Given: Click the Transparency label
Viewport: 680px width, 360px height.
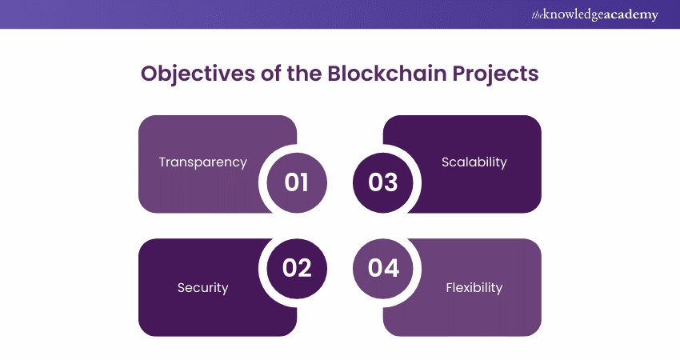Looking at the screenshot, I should [x=202, y=162].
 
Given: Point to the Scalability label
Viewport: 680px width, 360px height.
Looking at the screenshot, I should [x=474, y=162].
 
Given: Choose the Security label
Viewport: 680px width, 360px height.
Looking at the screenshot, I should [x=202, y=287].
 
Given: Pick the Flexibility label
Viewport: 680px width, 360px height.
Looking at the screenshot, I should [x=474, y=287].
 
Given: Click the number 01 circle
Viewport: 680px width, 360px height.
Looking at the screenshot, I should [x=297, y=182].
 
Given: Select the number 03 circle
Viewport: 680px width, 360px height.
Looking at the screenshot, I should [x=383, y=182].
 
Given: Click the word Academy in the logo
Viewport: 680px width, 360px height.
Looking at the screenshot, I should [x=628, y=15].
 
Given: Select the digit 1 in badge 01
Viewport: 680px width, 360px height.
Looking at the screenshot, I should [x=305, y=182].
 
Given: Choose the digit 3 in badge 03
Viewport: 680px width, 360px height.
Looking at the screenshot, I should [x=392, y=182].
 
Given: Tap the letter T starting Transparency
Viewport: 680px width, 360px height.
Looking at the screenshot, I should [x=162, y=162].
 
